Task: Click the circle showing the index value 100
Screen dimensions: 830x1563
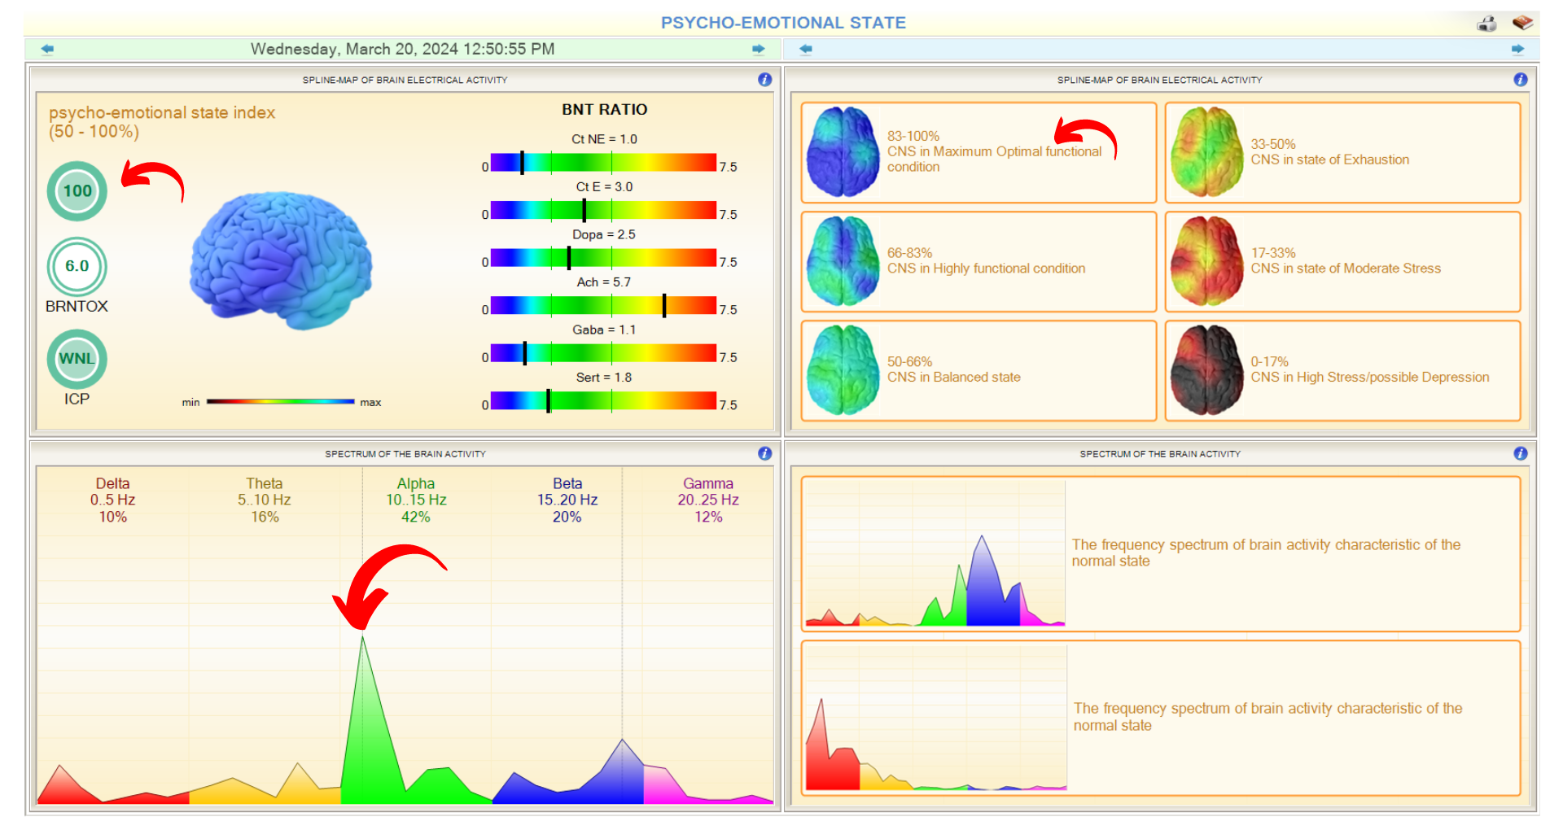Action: [77, 191]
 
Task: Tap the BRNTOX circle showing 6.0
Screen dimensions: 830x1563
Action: [77, 266]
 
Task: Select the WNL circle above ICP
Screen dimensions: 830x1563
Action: [77, 359]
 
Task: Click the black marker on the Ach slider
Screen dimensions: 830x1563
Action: [664, 305]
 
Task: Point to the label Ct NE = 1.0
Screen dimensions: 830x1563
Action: [604, 139]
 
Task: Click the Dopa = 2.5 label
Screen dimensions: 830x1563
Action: [604, 234]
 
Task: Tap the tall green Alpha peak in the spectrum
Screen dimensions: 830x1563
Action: [364, 716]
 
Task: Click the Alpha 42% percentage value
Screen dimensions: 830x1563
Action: [415, 517]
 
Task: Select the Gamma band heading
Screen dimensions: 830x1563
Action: [707, 483]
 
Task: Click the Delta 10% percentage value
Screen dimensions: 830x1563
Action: [113, 517]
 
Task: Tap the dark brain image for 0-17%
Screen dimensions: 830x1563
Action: [1206, 370]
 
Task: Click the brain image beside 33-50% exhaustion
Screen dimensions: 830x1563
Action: [1206, 152]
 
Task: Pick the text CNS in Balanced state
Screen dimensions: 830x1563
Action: [953, 378]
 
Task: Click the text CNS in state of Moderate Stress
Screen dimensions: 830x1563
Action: [1346, 269]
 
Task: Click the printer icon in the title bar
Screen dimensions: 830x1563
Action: [1486, 24]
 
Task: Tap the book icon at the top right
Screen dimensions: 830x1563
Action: [1522, 23]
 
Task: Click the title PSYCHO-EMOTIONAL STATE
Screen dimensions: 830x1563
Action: [783, 23]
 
